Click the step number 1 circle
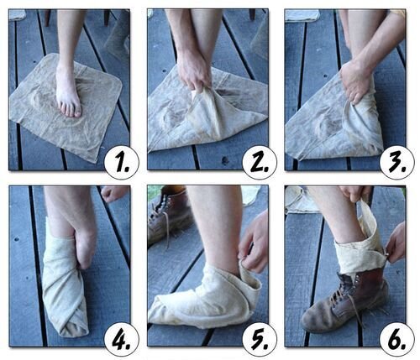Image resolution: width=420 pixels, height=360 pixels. pyautogui.click(x=122, y=162)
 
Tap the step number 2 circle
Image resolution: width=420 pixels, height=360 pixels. pyautogui.click(x=260, y=162)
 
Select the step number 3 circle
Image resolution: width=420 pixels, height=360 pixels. pyautogui.click(x=397, y=162)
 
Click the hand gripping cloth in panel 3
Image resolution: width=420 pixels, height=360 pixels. pyautogui.click(x=355, y=81)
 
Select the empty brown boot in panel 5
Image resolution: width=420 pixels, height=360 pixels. pyautogui.click(x=168, y=216)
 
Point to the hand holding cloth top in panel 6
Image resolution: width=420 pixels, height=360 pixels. pyautogui.click(x=355, y=193)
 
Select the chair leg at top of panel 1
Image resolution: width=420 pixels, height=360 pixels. pyautogui.click(x=47, y=18)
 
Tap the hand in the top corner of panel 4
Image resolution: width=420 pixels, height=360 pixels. pyautogui.click(x=114, y=193)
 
